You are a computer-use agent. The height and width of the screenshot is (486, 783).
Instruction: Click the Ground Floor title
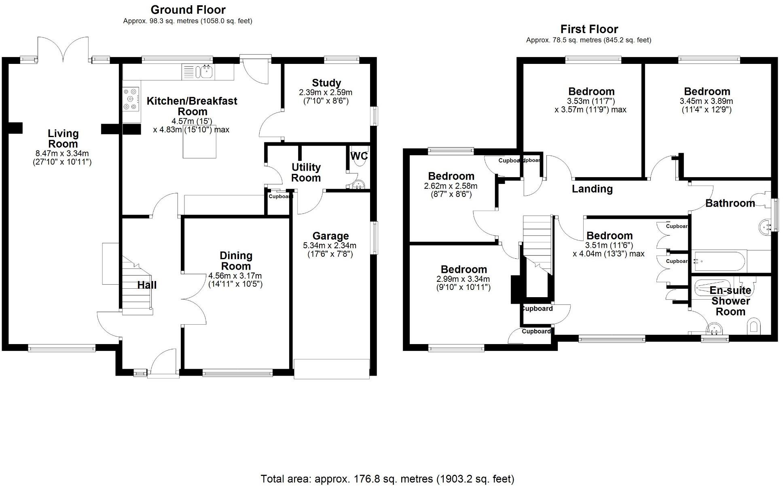click(188, 10)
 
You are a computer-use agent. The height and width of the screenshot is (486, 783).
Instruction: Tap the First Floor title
click(589, 29)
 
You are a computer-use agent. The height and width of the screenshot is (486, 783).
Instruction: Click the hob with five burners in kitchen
click(131, 99)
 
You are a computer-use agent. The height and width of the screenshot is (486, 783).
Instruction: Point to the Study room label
click(326, 83)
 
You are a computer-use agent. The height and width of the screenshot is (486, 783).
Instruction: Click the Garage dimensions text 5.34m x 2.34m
click(330, 245)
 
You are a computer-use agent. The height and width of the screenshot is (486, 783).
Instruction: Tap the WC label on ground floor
click(358, 156)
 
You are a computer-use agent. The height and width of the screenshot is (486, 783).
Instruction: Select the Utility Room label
click(306, 173)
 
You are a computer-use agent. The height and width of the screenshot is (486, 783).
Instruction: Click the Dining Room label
click(236, 261)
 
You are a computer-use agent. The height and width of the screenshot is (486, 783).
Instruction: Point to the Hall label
click(147, 285)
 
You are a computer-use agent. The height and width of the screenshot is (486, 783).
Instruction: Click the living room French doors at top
click(63, 49)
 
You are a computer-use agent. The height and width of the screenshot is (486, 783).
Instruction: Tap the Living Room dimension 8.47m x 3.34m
click(62, 154)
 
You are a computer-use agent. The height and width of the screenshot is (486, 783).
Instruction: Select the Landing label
click(592, 189)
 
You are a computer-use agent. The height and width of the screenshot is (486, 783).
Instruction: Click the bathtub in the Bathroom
click(719, 262)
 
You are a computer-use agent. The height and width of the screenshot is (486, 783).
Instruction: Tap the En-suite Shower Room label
click(730, 301)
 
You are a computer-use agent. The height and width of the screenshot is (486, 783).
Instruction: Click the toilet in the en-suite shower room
click(753, 326)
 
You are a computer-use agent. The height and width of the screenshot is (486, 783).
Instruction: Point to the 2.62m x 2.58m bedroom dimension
click(451, 186)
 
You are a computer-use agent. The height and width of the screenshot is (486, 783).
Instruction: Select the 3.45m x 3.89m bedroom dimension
click(706, 101)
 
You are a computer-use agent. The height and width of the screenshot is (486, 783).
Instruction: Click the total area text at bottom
click(387, 479)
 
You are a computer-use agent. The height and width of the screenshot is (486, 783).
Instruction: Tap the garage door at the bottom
click(332, 369)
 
